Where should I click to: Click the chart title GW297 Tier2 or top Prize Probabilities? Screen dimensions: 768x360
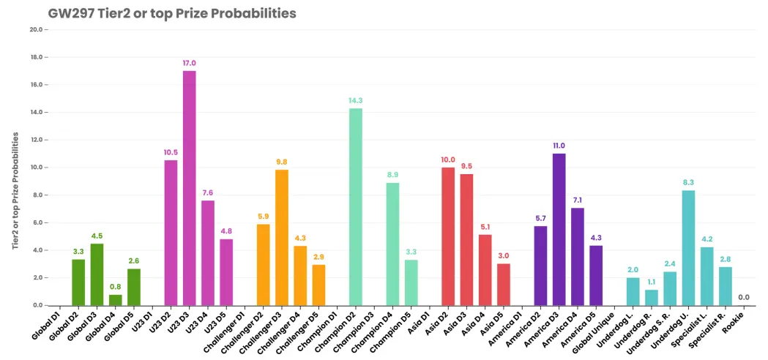pyautogui.click(x=172, y=13)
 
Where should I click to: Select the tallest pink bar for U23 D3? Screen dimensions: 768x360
pyautogui.click(x=189, y=188)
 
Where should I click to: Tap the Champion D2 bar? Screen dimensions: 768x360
pyautogui.click(x=356, y=206)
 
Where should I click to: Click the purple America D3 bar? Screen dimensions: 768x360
pyautogui.click(x=559, y=230)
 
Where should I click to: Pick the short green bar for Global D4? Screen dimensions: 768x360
pyautogui.click(x=115, y=300)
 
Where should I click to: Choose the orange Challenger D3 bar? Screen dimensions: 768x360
pyautogui.click(x=282, y=238)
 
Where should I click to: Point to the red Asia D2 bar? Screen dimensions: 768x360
pyautogui.click(x=448, y=236)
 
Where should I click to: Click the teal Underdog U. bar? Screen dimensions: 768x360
pyautogui.click(x=688, y=248)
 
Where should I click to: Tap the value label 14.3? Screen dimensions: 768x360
pyautogui.click(x=356, y=101)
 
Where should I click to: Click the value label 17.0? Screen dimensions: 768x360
pyautogui.click(x=189, y=63)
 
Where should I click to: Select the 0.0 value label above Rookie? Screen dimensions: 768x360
pyautogui.click(x=744, y=297)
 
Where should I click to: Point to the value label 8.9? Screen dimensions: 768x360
pyautogui.click(x=393, y=176)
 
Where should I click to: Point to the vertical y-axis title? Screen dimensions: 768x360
pyautogui.click(x=15, y=190)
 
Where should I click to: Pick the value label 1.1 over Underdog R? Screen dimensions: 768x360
pyautogui.click(x=652, y=282)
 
